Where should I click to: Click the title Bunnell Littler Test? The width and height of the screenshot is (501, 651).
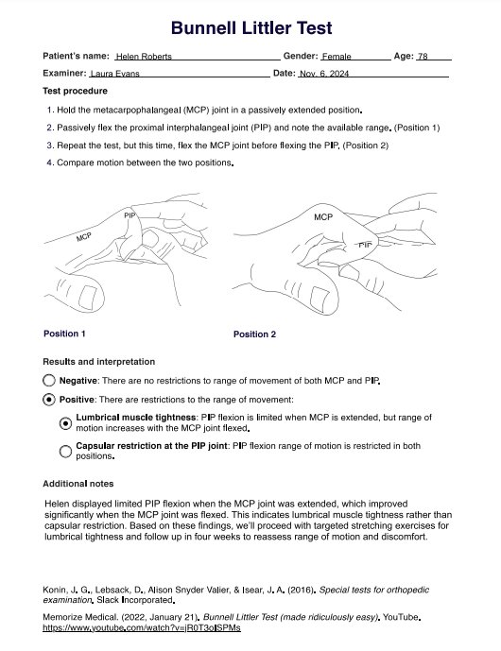point(251,28)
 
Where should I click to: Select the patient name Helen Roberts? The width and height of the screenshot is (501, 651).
point(144,57)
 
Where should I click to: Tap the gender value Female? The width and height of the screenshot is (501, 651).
point(337,57)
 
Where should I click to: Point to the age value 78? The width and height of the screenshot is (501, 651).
point(423,57)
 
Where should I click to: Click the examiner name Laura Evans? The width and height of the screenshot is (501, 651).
point(115,74)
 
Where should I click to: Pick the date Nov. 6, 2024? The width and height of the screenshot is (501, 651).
point(324,74)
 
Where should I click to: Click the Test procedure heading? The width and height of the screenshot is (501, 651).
point(76,91)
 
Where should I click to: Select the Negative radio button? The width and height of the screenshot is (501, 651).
point(49,381)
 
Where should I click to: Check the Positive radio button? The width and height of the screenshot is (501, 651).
point(49,400)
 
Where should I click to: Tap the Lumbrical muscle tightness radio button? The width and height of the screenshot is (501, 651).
point(65,423)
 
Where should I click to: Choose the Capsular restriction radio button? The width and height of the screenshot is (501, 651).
point(65,452)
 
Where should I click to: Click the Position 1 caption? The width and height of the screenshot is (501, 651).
point(64,334)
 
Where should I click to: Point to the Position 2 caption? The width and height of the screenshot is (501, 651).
point(254,334)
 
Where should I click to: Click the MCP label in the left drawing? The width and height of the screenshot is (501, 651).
point(83,237)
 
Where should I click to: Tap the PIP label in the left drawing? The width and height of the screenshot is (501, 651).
point(130,215)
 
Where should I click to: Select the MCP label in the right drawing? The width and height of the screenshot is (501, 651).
point(323,217)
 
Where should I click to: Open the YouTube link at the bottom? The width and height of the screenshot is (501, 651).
point(142,627)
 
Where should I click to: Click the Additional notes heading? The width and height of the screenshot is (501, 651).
point(78,484)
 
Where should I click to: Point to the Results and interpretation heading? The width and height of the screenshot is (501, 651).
point(99,362)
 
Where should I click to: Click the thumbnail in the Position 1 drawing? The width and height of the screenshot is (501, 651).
point(87,298)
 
